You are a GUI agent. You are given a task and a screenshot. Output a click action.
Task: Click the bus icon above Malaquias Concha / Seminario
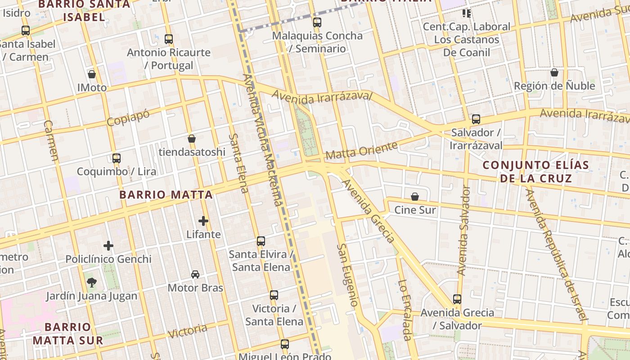tap(317, 22)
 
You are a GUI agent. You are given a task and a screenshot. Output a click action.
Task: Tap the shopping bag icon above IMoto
tap(92, 74)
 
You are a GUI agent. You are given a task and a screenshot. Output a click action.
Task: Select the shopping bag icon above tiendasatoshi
tap(192, 138)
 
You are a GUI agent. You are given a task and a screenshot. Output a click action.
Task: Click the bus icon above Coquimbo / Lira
tap(117, 158)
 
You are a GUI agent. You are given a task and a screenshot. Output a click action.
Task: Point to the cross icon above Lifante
tap(203, 220)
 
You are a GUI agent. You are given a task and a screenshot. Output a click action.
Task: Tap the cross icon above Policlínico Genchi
tap(108, 245)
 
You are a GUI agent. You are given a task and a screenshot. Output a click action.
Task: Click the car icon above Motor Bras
tap(195, 274)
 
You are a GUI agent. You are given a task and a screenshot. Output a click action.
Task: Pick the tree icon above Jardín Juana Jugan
tap(92, 282)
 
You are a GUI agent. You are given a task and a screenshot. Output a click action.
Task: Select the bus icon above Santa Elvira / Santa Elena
tap(261, 241)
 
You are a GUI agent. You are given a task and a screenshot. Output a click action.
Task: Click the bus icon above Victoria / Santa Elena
tap(274, 295)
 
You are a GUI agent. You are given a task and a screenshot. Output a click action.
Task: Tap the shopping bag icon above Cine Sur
tap(415, 197)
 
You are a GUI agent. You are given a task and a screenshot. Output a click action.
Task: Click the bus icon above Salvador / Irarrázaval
tap(476, 119)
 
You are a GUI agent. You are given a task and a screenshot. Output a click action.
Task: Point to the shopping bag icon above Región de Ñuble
tap(554, 72)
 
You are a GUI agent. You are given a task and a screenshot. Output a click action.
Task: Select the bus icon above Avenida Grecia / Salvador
tap(457, 299)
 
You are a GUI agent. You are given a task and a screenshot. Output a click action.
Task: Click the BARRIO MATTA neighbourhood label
tap(166, 195)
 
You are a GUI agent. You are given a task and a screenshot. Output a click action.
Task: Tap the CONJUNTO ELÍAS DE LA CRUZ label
tap(535, 171)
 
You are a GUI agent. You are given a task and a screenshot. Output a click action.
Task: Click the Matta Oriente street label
tap(362, 150)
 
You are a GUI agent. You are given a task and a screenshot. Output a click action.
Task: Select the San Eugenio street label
tap(348, 275)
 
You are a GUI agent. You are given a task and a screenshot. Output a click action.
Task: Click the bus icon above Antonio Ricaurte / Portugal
tap(169, 39)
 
